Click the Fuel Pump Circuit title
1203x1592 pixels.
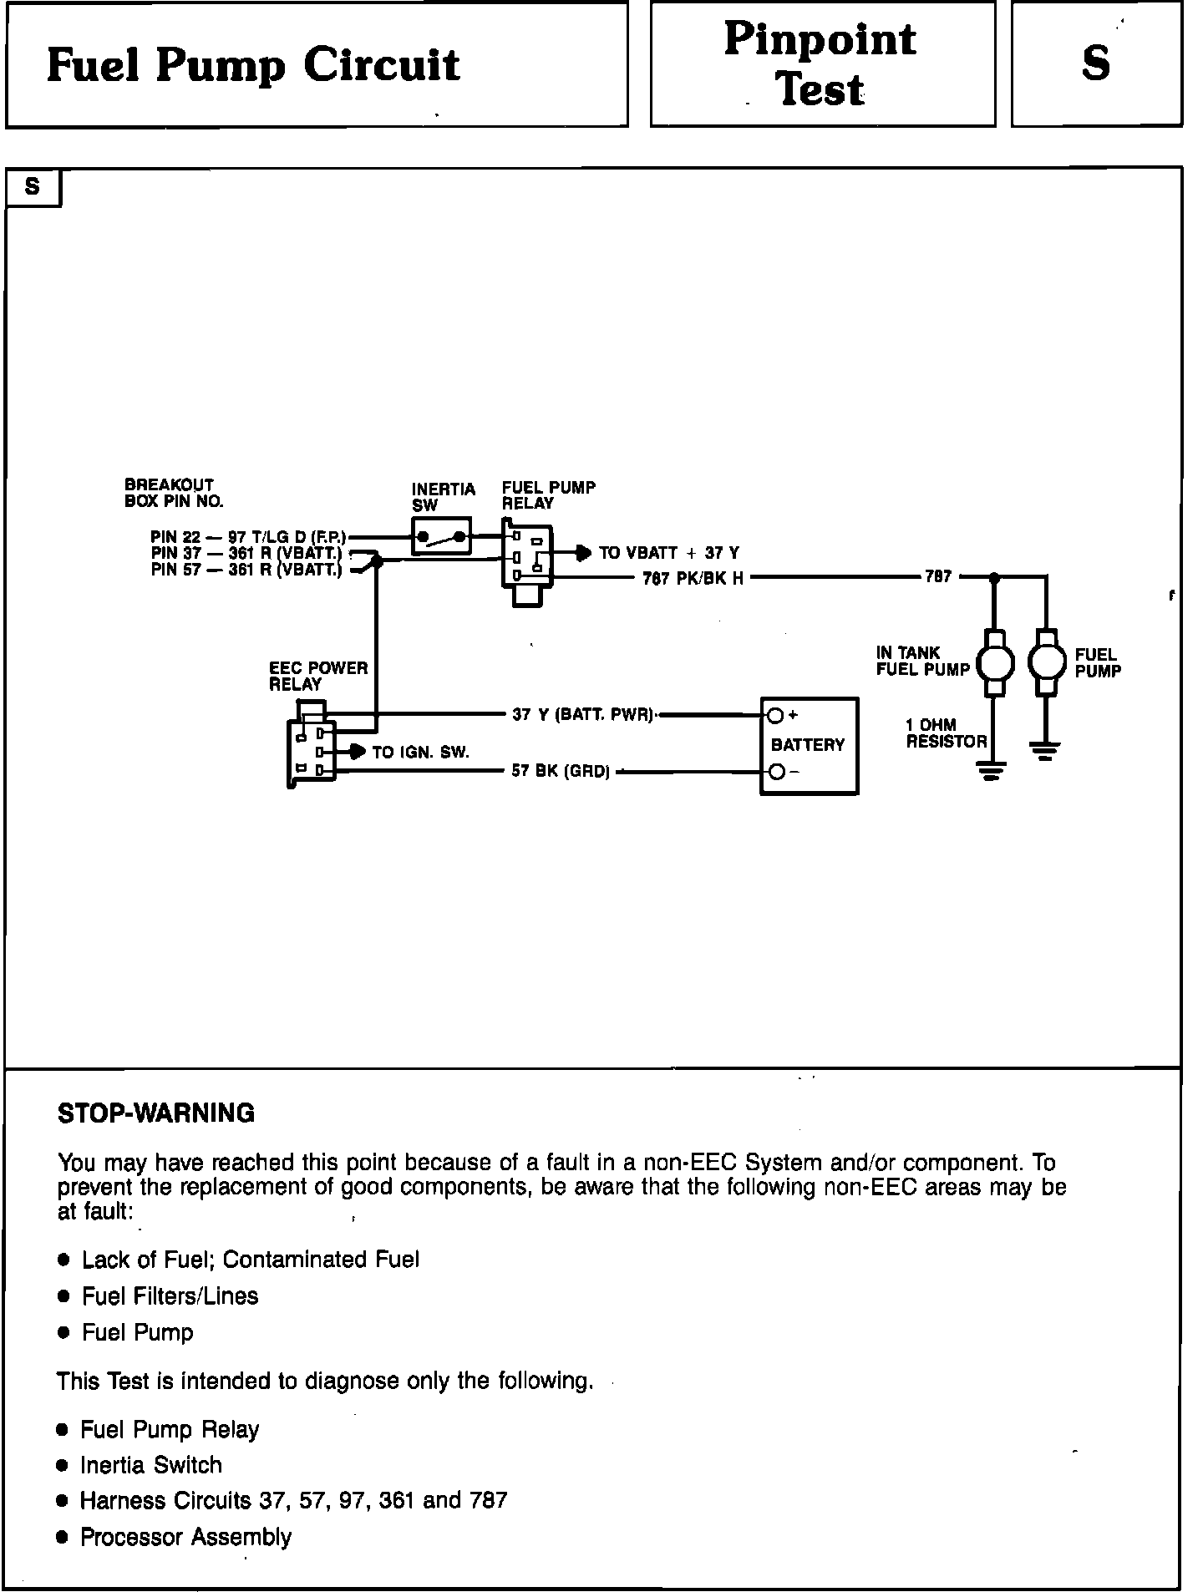(253, 65)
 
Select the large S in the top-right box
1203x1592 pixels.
(1095, 63)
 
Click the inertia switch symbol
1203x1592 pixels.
(441, 536)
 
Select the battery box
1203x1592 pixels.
(809, 745)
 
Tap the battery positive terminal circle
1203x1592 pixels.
(775, 715)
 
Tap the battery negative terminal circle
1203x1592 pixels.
(775, 772)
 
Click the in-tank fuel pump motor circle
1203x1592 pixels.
(995, 663)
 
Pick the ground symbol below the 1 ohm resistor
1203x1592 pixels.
(991, 770)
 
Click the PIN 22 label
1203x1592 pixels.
(175, 537)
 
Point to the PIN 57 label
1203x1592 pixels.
(175, 570)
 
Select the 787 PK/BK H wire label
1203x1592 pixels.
(693, 578)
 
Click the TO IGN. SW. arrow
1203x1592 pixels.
(357, 752)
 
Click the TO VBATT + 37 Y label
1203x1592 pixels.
(668, 553)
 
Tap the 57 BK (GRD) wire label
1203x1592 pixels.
(561, 772)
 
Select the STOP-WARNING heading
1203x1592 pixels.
(156, 1113)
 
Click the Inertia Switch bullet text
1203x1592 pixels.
(151, 1465)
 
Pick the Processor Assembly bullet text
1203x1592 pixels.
(185, 1537)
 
